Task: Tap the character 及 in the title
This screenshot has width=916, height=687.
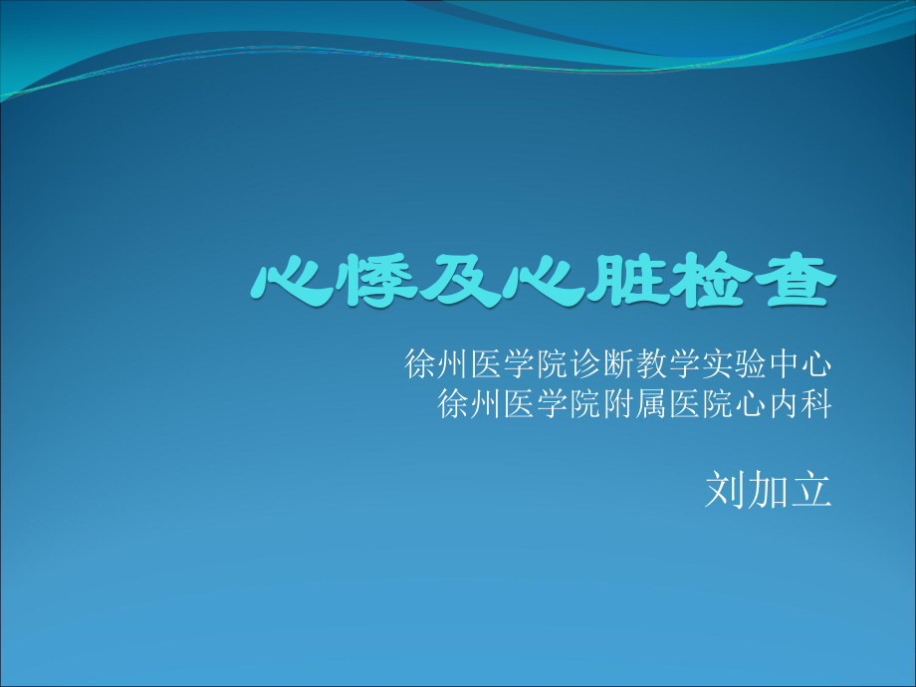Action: point(459,281)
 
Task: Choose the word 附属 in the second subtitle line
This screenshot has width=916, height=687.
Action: point(634,404)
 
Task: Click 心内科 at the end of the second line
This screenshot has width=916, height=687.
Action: point(782,404)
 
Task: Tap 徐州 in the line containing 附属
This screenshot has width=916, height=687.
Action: point(470,404)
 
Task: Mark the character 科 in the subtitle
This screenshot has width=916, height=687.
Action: point(814,404)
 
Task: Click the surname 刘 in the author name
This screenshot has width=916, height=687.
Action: point(725,489)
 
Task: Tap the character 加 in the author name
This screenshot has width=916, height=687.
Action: point(768,489)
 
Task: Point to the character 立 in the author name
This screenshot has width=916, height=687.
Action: point(810,489)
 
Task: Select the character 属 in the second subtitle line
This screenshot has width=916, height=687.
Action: point(651,404)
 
